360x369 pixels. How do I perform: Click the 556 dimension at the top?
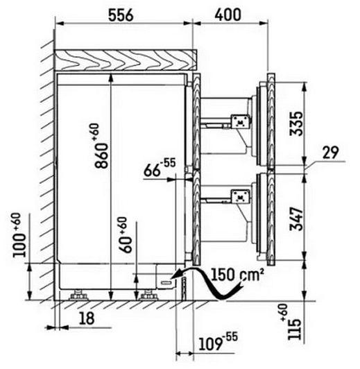[121, 15]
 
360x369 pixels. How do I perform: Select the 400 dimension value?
[228, 15]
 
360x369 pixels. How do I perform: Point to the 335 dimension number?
[296, 123]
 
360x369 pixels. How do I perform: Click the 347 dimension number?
[296, 219]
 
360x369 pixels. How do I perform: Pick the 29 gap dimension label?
[331, 153]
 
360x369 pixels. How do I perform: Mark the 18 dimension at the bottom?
[87, 318]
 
